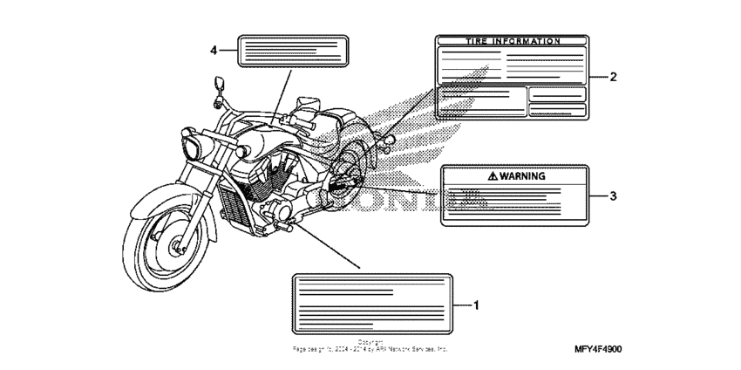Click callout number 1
tap(477, 305)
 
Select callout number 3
tap(613, 195)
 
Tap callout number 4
tap(213, 50)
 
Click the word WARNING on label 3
tap(522, 175)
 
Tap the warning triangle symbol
tap(493, 175)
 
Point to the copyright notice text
tap(370, 346)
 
